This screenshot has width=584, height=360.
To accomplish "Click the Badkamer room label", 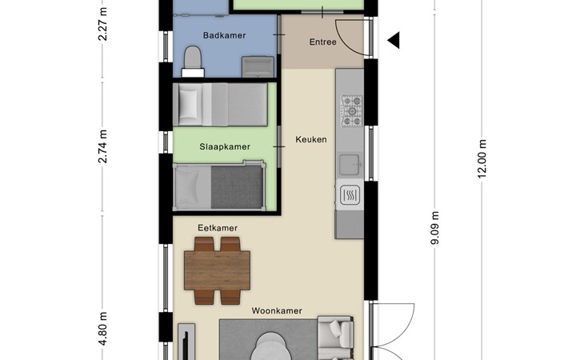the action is tap(224, 35).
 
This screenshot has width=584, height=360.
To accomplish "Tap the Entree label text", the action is tap(323, 42).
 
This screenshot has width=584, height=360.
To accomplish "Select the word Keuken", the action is tap(311, 140).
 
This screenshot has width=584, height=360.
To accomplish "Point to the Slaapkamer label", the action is tap(225, 146).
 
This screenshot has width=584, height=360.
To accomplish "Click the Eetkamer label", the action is tap(218, 228).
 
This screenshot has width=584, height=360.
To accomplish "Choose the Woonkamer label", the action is tap(277, 311).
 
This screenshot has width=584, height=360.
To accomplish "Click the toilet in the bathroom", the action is tap(193, 62).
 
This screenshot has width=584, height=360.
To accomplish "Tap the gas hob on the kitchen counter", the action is tap(351, 111).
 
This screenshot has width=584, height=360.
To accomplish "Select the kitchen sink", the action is tap(350, 164).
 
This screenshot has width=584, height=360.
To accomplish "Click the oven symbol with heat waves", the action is tap(350, 194).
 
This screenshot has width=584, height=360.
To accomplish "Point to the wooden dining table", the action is tap(217, 270).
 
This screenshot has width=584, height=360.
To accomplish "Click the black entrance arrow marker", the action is tap(394, 40).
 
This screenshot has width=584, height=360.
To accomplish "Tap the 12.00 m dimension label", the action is tap(482, 159).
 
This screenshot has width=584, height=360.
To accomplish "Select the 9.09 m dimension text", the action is tap(434, 228).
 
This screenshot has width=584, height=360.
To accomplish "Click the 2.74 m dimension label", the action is tap(102, 146).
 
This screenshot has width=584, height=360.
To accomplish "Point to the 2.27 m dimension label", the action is tap(102, 23).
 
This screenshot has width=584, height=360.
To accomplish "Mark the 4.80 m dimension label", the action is tap(102, 329).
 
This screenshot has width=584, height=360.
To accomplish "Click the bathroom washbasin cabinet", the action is tap(258, 67).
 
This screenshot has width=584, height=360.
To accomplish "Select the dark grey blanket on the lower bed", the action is tap(237, 187).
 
